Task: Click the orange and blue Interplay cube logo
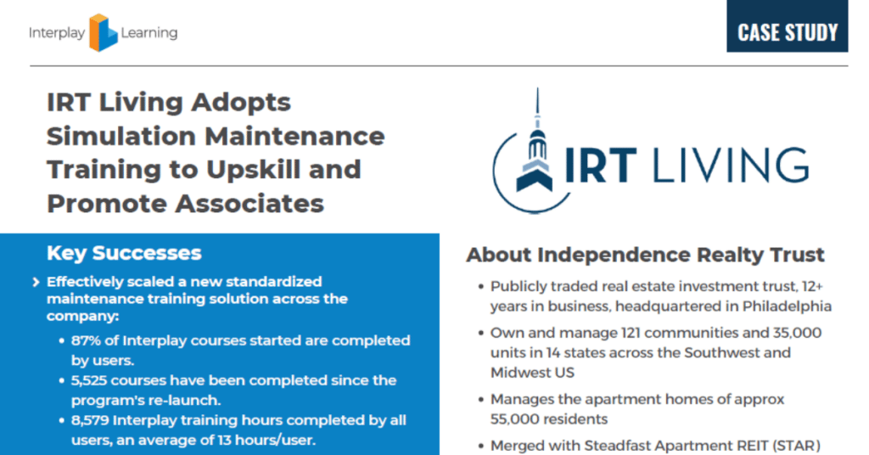pos(103,33)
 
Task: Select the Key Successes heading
pos(124,253)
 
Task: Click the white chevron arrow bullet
pos(36,282)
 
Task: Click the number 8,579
pos(90,421)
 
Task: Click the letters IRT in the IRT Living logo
pos(601,166)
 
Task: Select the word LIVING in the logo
pos(731,166)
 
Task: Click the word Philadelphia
pos(787,306)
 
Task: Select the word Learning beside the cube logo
pos(149,34)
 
